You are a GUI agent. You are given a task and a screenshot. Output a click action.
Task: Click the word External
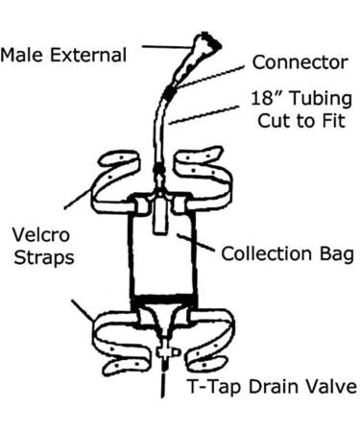click(x=90, y=55)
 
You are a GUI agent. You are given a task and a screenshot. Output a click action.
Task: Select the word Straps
click(x=41, y=258)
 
